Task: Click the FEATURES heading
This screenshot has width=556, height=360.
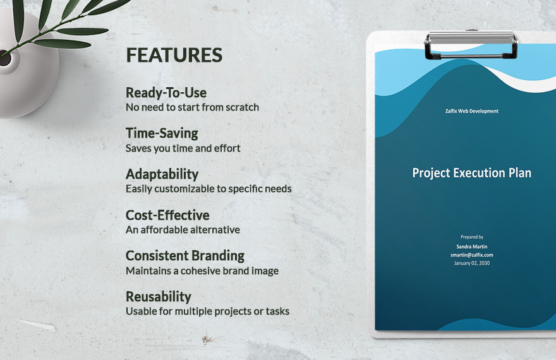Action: (174, 56)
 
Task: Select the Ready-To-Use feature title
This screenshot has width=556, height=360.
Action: (166, 92)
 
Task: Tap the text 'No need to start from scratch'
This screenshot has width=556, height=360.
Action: (192, 107)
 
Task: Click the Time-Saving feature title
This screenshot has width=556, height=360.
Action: (162, 133)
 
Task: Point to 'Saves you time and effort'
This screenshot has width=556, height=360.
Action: (183, 148)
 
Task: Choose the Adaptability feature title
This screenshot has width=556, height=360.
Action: (162, 174)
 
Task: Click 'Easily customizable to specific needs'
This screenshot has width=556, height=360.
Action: (208, 189)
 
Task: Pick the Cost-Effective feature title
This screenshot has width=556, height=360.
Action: (167, 215)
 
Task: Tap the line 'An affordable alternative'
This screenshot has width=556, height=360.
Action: (183, 230)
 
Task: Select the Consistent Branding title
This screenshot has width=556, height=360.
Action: (185, 256)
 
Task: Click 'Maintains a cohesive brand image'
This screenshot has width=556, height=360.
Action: (202, 271)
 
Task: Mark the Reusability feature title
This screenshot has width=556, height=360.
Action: (158, 297)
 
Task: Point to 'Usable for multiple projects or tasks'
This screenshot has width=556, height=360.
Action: (207, 311)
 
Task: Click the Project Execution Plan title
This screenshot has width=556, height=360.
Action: (471, 173)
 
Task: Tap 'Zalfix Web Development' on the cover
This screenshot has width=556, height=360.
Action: (471, 111)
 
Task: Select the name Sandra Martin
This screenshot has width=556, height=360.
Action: (471, 246)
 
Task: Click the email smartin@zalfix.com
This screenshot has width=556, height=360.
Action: (471, 255)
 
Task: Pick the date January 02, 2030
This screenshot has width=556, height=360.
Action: (471, 263)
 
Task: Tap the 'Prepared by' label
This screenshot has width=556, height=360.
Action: (471, 237)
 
